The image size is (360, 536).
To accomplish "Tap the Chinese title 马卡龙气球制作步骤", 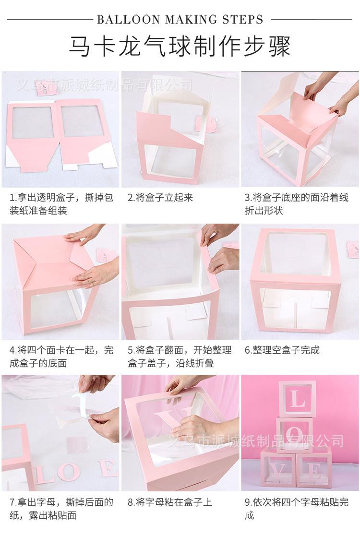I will (x=180, y=47).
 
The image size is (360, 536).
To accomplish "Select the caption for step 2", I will (x=160, y=198).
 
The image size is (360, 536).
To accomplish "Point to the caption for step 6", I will (x=282, y=350).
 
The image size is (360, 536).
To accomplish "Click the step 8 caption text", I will (x=169, y=503).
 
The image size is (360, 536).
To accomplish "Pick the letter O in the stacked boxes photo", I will (x=297, y=435).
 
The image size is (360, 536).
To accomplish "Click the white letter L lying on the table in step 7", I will (x=47, y=473).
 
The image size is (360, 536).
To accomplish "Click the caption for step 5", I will (x=179, y=357).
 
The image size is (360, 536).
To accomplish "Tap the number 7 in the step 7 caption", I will (x=12, y=503).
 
